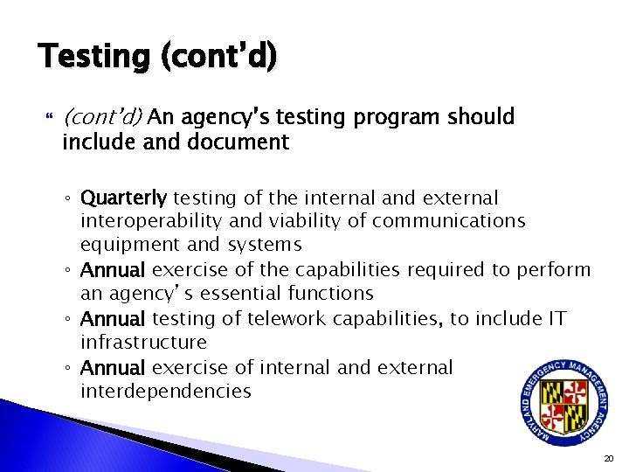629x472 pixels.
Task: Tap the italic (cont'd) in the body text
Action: [x=104, y=117]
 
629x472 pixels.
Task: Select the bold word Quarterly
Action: [x=124, y=198]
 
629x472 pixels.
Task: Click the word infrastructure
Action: [x=143, y=343]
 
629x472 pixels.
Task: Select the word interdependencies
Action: [x=165, y=391]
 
